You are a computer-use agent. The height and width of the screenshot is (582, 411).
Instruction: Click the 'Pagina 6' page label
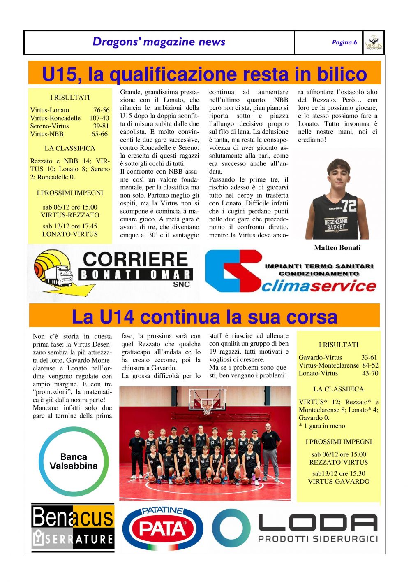(344, 42)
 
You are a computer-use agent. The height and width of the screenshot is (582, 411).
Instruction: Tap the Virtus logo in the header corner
(374, 42)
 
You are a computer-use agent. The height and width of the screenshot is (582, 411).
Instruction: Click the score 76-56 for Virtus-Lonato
(101, 110)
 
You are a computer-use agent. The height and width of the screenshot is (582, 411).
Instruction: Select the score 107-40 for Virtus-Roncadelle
(99, 118)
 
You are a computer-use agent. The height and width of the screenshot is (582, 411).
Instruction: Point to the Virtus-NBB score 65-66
(100, 134)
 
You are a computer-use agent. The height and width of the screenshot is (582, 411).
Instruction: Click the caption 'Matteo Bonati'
(337, 248)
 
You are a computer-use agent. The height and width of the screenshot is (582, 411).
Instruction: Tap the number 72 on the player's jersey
(349, 205)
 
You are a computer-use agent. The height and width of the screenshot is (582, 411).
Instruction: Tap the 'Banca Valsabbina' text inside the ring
(74, 461)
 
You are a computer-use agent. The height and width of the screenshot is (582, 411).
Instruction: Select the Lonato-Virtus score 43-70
(370, 374)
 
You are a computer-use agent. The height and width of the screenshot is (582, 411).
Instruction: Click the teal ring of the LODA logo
(231, 528)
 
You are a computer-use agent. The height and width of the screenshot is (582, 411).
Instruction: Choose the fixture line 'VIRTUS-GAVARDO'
(339, 482)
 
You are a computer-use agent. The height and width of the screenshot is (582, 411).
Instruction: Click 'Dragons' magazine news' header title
(159, 42)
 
